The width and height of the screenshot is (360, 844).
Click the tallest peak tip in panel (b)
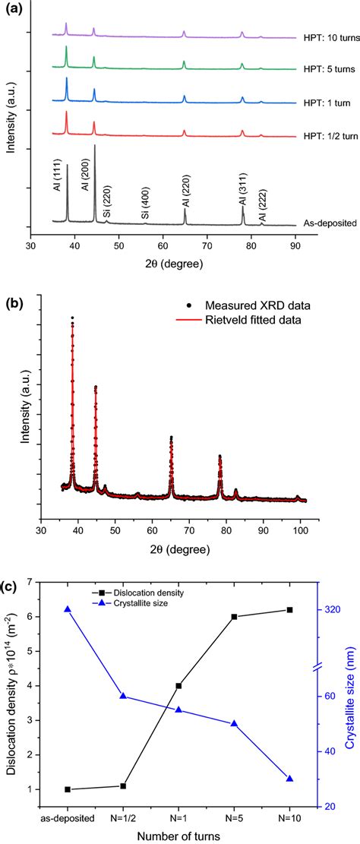click(x=72, y=318)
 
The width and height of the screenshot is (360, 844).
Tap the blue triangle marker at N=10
click(x=289, y=779)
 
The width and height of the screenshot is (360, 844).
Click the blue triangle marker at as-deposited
click(x=68, y=609)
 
